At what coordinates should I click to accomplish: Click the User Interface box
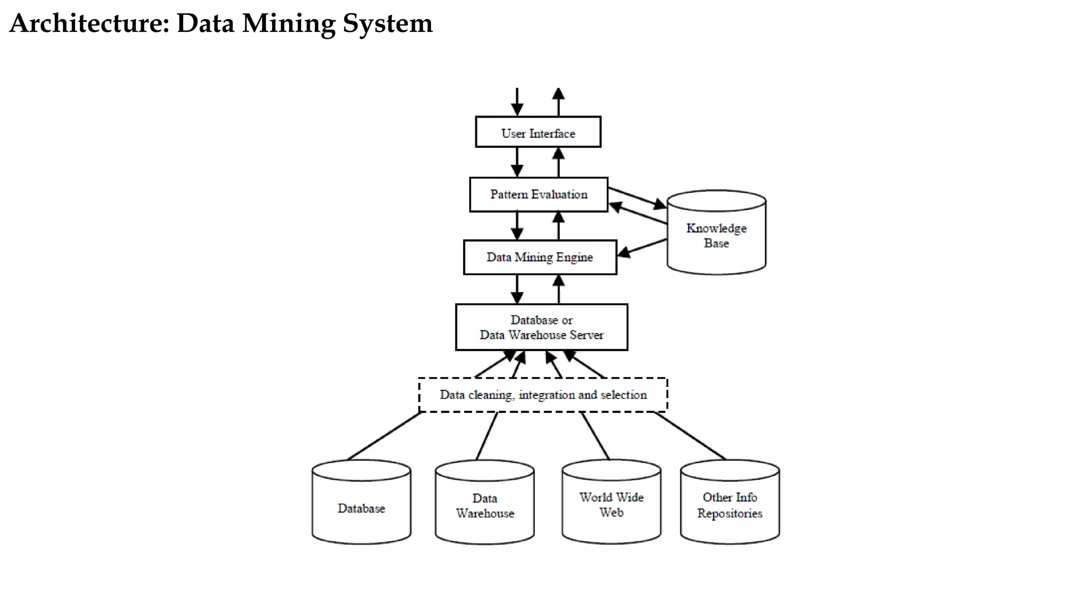pos(538,132)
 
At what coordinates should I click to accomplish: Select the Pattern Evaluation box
pos(539,195)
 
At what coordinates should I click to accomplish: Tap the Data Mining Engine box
pos(540,258)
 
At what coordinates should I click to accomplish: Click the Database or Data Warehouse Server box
pos(541,327)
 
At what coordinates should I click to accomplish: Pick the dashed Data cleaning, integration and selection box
pos(543,395)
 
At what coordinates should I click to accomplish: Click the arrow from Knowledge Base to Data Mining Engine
pos(643,248)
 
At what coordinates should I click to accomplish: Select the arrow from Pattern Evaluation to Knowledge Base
pos(636,197)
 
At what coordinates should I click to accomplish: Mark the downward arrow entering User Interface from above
pos(517,101)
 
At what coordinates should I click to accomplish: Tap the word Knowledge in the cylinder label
pos(716,228)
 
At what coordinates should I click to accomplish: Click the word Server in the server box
pos(587,335)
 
